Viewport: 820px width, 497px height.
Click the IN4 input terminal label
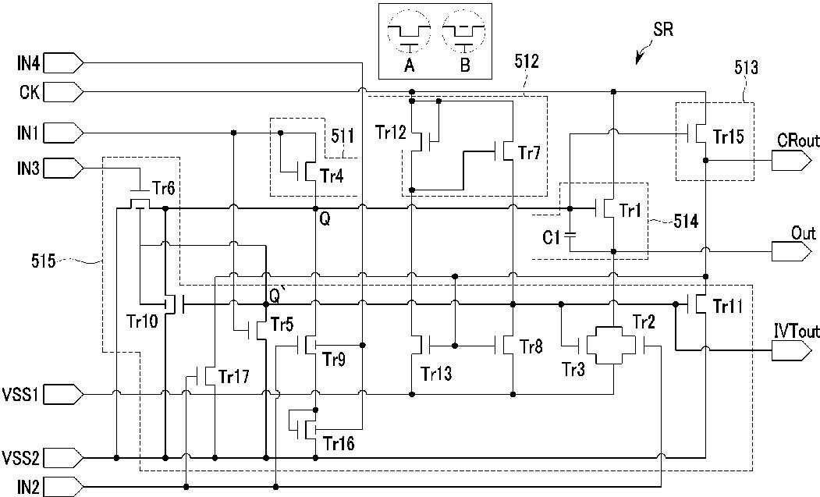coord(28,64)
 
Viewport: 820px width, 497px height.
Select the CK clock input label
coord(30,93)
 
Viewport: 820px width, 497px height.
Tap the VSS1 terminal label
coord(20,394)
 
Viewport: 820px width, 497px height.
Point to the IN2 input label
coord(28,488)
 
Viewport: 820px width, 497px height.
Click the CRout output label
coord(798,140)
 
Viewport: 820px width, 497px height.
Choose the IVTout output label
coord(797,331)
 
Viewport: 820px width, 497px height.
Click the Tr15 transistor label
coord(728,137)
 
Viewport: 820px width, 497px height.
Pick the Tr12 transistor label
coord(390,133)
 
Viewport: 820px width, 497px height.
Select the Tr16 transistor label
coord(339,444)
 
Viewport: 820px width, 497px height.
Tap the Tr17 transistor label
coord(234,376)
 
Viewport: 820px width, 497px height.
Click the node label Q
coord(325,220)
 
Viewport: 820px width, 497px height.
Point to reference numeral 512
coord(526,62)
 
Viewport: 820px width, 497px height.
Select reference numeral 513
coord(746,67)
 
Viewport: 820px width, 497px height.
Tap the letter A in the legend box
coord(410,65)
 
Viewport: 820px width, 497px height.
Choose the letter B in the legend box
coord(465,65)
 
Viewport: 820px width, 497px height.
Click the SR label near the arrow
coord(663,30)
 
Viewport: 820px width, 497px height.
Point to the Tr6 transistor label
coord(164,188)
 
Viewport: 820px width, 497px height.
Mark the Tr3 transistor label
coord(573,370)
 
